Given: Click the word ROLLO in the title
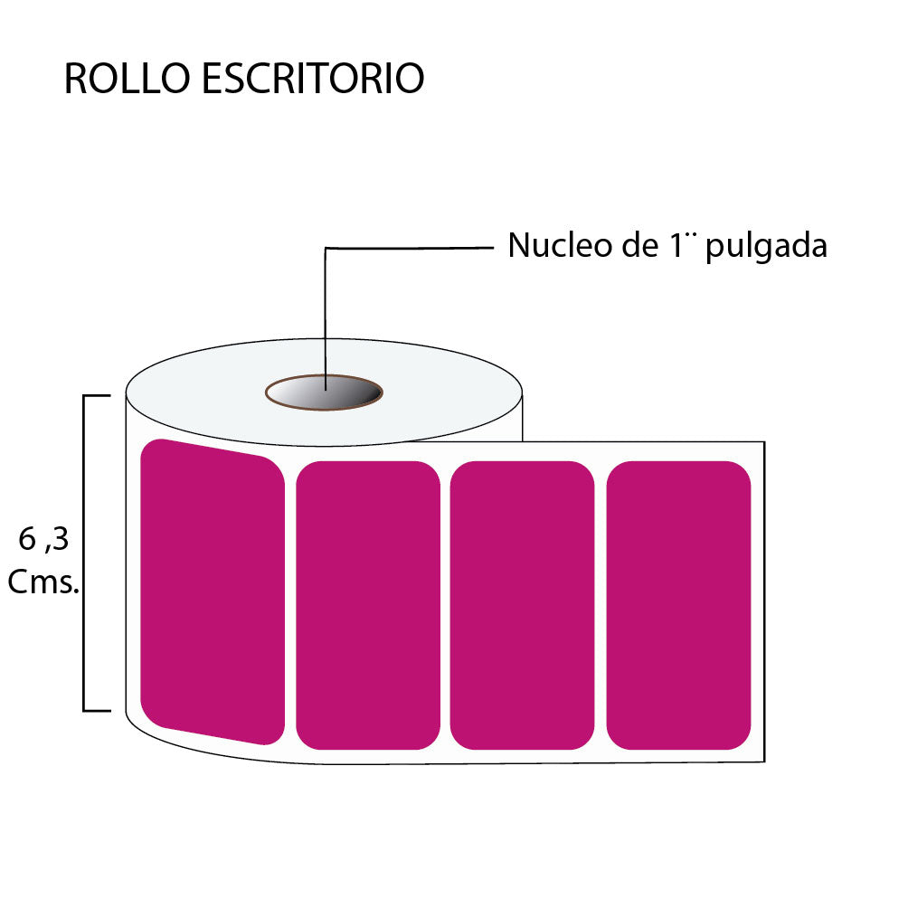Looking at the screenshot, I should point(128,80).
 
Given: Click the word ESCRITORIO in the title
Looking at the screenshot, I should point(313,80).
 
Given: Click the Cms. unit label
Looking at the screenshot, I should point(43,583).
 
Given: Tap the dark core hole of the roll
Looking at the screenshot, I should point(324,393).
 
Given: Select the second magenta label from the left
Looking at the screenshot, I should point(368,605).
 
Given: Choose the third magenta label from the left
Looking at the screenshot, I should point(522,605).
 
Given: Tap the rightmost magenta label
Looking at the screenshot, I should point(678,605).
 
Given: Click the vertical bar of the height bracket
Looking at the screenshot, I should point(84,553).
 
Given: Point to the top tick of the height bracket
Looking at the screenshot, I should point(97,395).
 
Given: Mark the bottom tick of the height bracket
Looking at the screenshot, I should point(97,711).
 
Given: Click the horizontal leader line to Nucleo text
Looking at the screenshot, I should point(407,247).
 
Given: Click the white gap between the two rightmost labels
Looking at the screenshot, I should point(601,605).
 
